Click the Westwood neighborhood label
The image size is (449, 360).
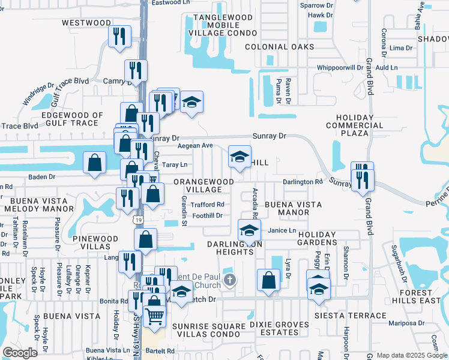(86, 23)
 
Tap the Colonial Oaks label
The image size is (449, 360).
(279, 47)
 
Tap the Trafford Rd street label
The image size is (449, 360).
(207, 205)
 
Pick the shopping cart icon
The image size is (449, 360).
(155, 314)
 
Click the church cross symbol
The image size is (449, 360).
(229, 280)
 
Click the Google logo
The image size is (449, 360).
(20, 353)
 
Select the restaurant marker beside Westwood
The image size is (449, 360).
(119, 36)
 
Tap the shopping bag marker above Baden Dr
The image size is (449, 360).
(95, 162)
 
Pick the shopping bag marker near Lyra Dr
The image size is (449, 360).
(268, 280)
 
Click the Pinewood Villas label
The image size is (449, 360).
(95, 242)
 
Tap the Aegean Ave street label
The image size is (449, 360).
(195, 146)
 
